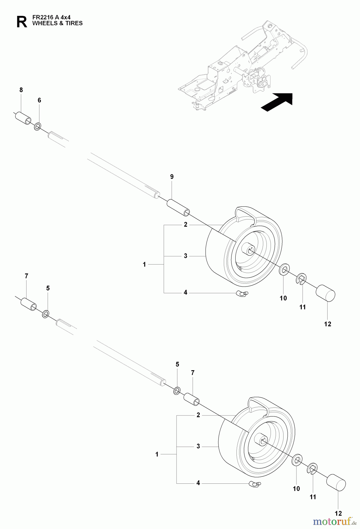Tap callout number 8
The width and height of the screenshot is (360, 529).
click(x=21, y=90)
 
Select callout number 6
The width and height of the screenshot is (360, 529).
click(x=39, y=101)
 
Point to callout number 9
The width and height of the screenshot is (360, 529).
click(x=172, y=177)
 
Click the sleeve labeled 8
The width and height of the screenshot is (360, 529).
click(x=23, y=118)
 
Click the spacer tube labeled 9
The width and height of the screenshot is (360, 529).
click(x=178, y=208)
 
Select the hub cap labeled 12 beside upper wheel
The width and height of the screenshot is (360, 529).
click(x=325, y=293)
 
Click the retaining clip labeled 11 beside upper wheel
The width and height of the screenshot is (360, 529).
click(x=301, y=279)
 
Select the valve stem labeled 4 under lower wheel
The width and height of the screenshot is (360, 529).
click(x=255, y=484)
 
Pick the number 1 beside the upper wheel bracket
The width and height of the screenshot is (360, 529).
click(x=144, y=264)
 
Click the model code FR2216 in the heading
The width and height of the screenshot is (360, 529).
click(x=41, y=18)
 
